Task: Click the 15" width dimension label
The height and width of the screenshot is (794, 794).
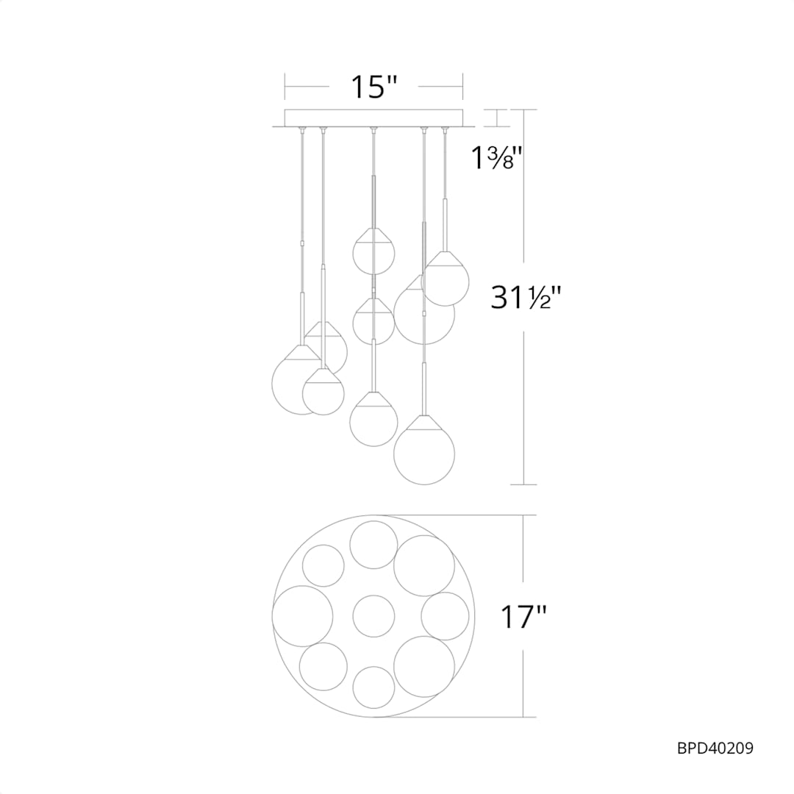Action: click(x=373, y=87)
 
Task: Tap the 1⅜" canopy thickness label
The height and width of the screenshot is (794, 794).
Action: click(x=496, y=157)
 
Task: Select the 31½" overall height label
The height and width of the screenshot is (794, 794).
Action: click(x=526, y=297)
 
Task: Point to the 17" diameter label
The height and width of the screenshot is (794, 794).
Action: click(x=523, y=617)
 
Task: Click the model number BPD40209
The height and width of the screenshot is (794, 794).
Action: click(x=715, y=748)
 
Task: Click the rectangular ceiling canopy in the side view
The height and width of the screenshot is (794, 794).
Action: click(x=373, y=118)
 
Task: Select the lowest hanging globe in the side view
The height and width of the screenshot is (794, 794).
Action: click(x=424, y=450)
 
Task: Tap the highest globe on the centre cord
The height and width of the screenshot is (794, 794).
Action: click(x=373, y=251)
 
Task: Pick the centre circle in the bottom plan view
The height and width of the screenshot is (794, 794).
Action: click(x=373, y=616)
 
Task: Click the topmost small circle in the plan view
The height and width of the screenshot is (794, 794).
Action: click(x=373, y=545)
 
